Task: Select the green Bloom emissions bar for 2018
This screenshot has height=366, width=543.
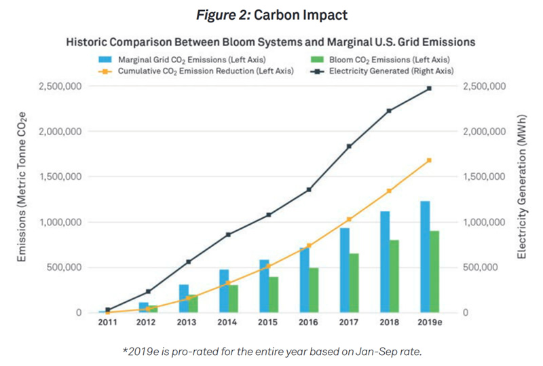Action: (394, 276)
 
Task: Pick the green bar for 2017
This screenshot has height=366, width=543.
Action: (354, 282)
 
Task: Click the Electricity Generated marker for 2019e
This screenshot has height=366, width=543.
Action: (429, 88)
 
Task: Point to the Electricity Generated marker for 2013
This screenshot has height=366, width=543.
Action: (188, 261)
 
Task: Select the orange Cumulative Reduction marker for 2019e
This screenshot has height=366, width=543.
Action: (429, 160)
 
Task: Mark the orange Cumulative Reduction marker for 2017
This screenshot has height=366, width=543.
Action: (349, 219)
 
